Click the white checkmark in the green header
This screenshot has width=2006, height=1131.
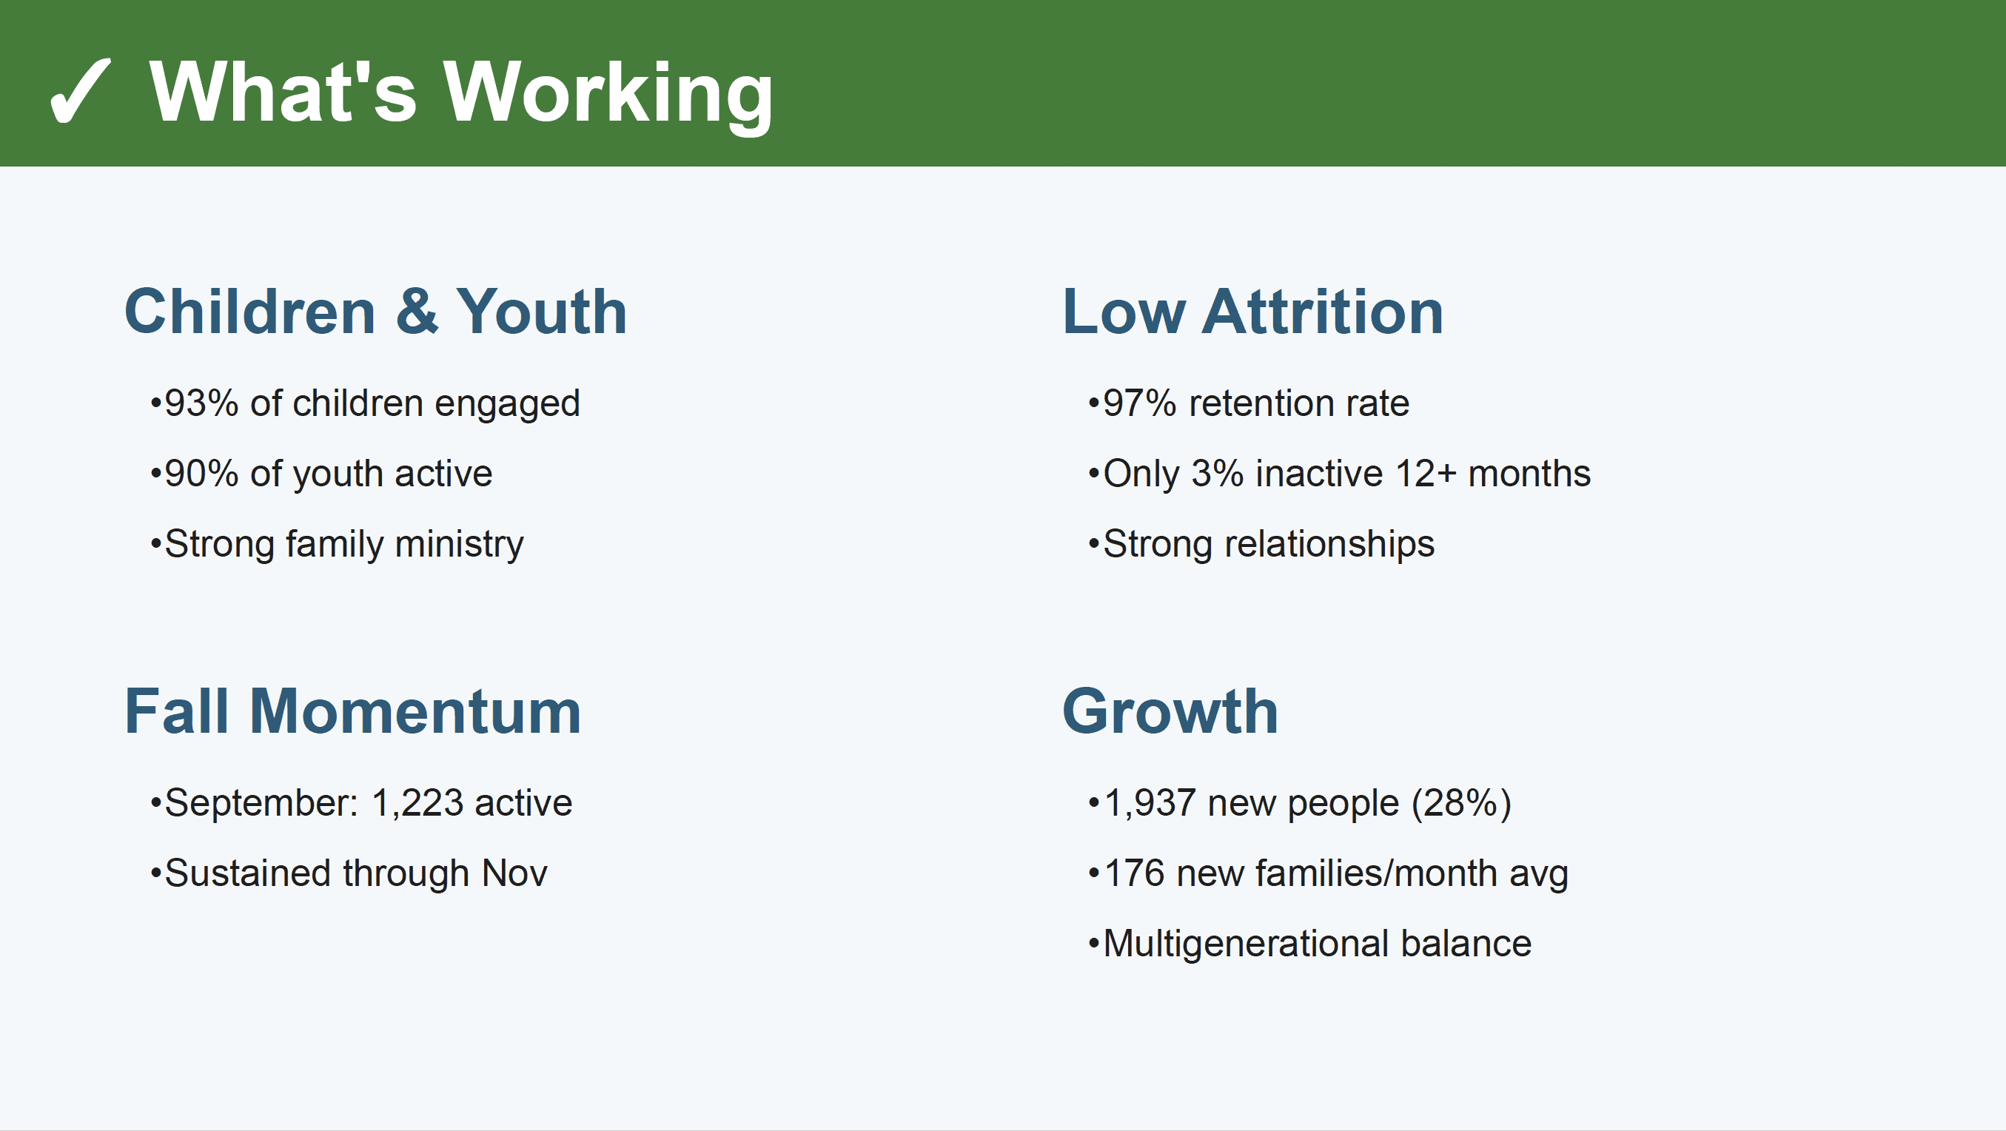pyautogui.click(x=80, y=91)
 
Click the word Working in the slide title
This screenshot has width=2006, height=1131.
pyautogui.click(x=608, y=93)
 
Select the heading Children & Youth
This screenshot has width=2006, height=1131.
pyautogui.click(x=375, y=312)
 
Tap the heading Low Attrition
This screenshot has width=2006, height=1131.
pyautogui.click(x=1253, y=312)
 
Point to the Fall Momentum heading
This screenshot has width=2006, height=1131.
pyautogui.click(x=353, y=711)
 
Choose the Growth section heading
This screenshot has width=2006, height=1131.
pyautogui.click(x=1170, y=711)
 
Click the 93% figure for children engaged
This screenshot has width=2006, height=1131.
pyautogui.click(x=201, y=403)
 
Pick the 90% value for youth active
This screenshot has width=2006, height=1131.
pyautogui.click(x=201, y=474)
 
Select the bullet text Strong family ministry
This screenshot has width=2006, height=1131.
pyautogui.click(x=344, y=545)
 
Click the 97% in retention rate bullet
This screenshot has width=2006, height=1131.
pyautogui.click(x=1140, y=403)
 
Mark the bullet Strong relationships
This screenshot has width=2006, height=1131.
pyautogui.click(x=1269, y=545)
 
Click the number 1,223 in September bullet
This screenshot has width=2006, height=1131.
pyautogui.click(x=417, y=804)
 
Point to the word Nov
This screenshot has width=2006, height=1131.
pyautogui.click(x=514, y=874)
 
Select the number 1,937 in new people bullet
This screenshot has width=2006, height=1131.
pyautogui.click(x=1150, y=804)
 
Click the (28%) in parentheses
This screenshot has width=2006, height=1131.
pyautogui.click(x=1462, y=804)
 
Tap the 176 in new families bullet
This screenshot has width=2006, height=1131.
pyautogui.click(x=1135, y=874)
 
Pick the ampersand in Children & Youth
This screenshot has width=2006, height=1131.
pyautogui.click(x=417, y=312)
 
